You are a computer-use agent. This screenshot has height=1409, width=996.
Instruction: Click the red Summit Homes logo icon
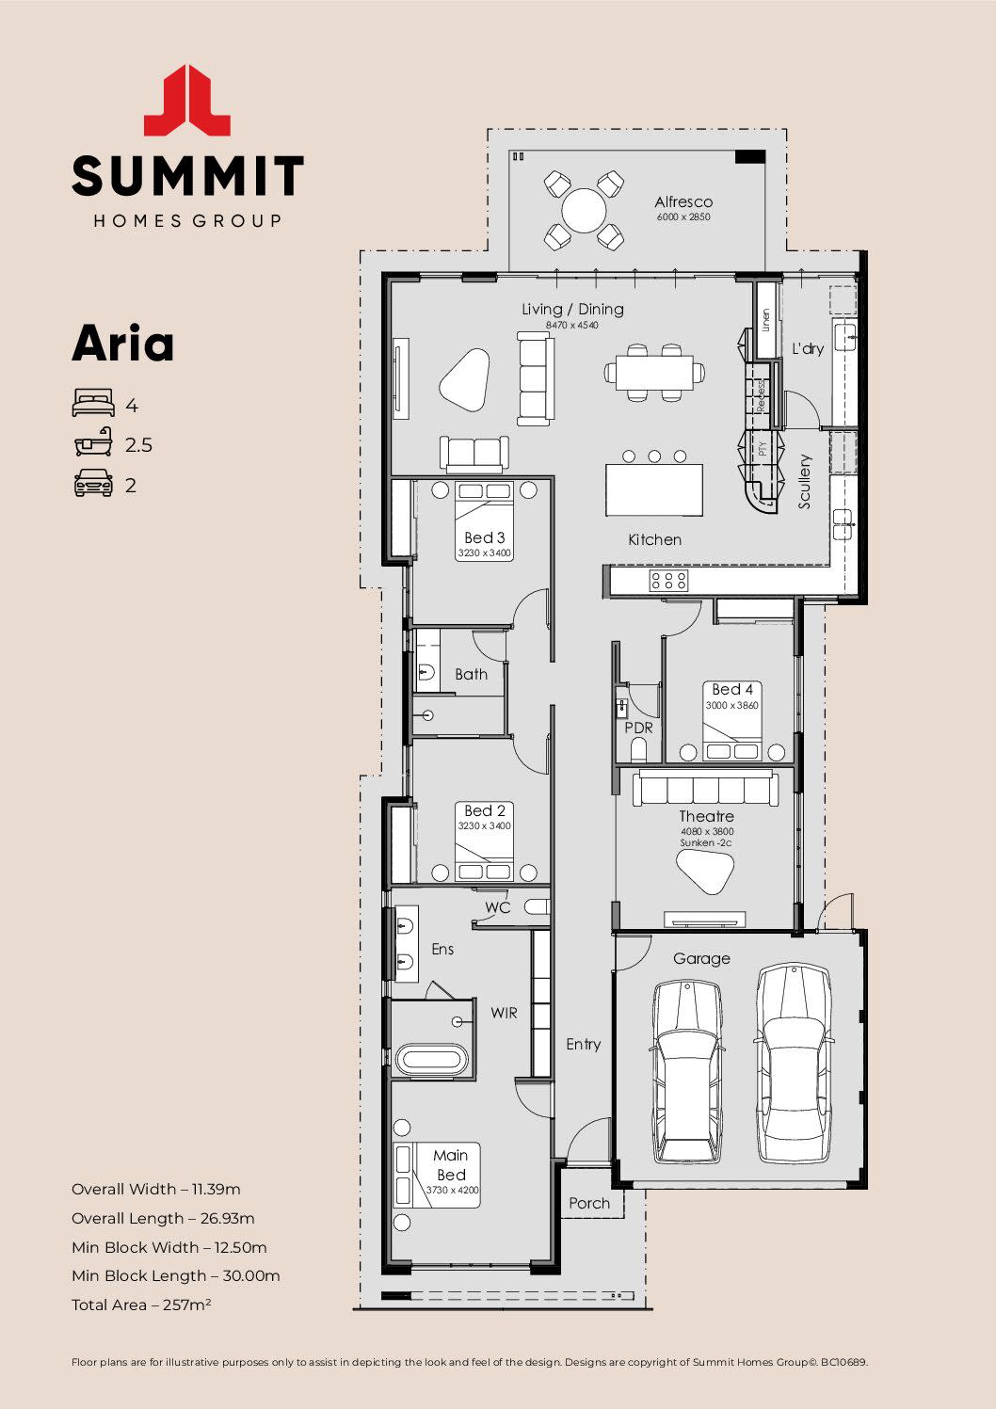click(187, 100)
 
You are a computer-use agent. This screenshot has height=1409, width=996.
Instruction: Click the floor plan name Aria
click(123, 344)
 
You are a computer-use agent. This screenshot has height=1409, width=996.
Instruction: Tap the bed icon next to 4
click(93, 404)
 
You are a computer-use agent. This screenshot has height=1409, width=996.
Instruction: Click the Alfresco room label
click(683, 201)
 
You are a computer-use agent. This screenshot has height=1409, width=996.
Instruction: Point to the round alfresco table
click(584, 210)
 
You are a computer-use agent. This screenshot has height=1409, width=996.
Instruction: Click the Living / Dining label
click(572, 309)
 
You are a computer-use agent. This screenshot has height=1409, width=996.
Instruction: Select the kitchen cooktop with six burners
click(667, 581)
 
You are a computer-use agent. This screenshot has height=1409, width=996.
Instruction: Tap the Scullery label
click(805, 481)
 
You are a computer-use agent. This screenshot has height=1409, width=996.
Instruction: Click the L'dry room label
click(807, 348)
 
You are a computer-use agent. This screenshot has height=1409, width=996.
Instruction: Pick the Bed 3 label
click(485, 537)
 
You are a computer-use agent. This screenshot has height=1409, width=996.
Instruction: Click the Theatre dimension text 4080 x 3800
click(706, 832)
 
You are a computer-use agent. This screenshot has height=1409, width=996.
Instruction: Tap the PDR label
click(638, 728)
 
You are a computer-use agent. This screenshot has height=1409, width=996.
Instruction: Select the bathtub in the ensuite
click(431, 1059)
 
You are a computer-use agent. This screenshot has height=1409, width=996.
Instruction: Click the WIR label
click(504, 1013)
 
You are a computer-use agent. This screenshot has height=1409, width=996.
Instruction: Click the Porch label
click(589, 1203)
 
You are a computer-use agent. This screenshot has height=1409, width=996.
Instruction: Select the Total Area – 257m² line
click(141, 1305)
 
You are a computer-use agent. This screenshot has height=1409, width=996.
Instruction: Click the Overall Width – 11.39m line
click(155, 1189)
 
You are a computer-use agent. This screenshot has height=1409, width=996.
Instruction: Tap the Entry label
click(583, 1044)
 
